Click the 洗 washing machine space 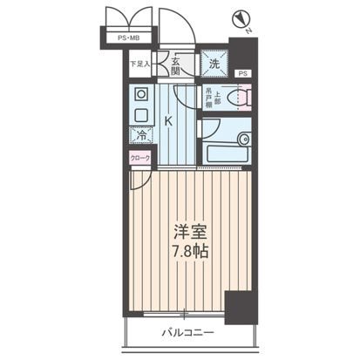[x=214, y=62]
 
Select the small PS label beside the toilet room [x=242, y=73]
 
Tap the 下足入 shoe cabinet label [x=139, y=63]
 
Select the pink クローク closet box [x=139, y=158]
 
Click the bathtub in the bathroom [x=228, y=139]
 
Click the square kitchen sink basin [x=141, y=112]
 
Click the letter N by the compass [x=250, y=32]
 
